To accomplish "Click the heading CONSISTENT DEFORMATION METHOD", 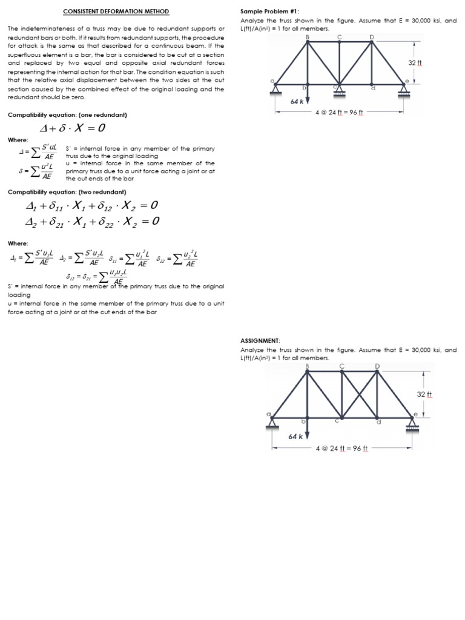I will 116,12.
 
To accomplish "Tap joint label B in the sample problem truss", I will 308,38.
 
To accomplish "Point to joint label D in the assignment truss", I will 378,366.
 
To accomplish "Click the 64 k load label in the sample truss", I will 296,101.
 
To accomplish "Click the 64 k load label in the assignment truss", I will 295,436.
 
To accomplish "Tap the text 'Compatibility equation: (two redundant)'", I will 67,192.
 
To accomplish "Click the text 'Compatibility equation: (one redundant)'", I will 67,114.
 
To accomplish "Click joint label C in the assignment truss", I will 342,366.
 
